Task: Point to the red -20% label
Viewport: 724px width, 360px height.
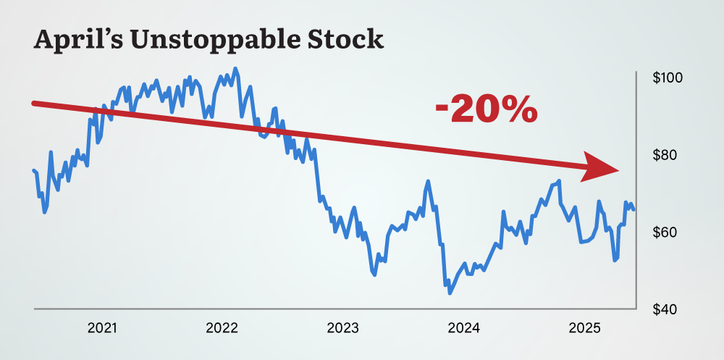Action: pos(487,109)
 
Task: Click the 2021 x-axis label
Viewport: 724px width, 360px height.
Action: pos(102,328)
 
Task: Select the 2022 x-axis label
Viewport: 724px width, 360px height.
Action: pos(222,328)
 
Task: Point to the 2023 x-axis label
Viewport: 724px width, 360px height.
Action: pos(342,328)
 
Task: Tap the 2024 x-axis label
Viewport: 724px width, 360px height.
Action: pos(463,328)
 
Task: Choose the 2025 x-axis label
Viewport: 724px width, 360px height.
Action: pos(584,328)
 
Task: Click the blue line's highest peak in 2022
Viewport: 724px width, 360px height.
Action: pos(235,69)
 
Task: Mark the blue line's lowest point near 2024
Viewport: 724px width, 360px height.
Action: pos(450,293)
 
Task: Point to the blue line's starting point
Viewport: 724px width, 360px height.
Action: pos(33,170)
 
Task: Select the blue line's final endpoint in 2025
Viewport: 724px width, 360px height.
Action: pos(634,209)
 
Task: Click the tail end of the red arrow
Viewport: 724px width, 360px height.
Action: pos(33,104)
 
